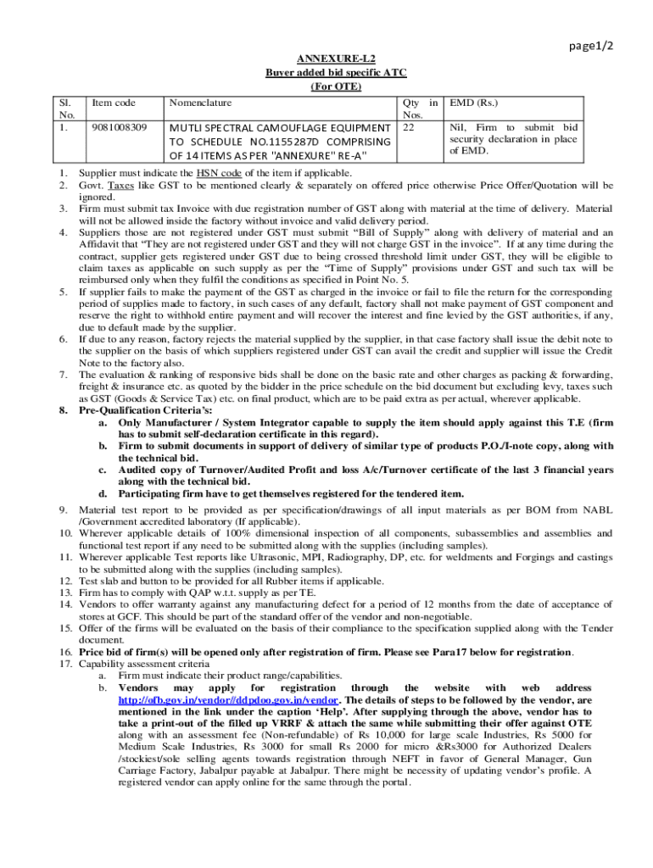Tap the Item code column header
coord(113,103)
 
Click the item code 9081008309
coord(119,127)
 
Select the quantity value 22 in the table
coord(409,127)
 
